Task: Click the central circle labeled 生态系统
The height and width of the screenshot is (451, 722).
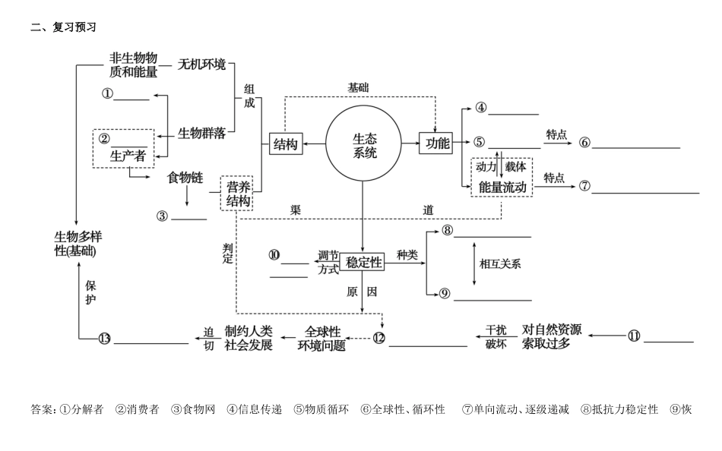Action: (x=364, y=144)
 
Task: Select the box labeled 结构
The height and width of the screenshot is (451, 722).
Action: (x=285, y=144)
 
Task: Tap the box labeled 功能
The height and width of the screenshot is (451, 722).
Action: (x=437, y=143)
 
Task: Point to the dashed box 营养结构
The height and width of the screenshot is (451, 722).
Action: (x=237, y=194)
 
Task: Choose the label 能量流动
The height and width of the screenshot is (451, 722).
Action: (x=502, y=187)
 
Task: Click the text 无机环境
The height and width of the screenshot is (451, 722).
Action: (x=201, y=65)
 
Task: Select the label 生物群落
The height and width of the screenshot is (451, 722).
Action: (x=201, y=134)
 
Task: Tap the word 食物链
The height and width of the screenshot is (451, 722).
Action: (x=185, y=178)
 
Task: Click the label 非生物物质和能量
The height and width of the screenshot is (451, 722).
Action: (x=134, y=65)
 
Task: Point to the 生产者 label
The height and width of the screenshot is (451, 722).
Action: (x=128, y=156)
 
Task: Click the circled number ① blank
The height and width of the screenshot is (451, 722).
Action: (x=108, y=94)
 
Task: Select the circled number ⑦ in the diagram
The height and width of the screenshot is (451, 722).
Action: (x=584, y=186)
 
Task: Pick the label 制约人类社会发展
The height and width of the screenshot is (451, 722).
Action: (x=248, y=338)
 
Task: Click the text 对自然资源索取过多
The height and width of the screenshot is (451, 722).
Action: (x=551, y=337)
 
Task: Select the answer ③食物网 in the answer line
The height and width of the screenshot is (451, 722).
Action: (x=193, y=409)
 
